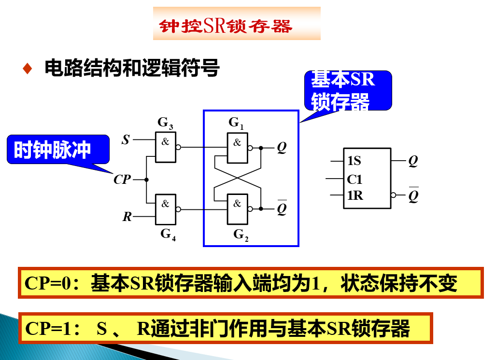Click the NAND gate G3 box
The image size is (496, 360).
tap(165, 146)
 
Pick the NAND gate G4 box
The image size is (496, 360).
tap(165, 209)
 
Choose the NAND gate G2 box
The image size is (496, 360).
tap(237, 209)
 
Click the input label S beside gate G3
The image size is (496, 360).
tap(126, 140)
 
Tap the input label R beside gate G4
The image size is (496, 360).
tap(127, 217)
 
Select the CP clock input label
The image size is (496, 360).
tap(122, 180)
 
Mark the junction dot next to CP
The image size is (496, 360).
tap(146, 180)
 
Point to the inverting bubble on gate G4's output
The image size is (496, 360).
tap(178, 209)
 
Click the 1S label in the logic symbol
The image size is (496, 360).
tap(354, 161)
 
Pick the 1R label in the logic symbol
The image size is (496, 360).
tap(354, 195)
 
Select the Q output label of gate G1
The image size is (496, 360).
tap(282, 148)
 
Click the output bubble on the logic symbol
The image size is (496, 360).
tap(394, 195)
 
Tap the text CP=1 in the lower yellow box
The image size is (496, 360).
tap(44, 329)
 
